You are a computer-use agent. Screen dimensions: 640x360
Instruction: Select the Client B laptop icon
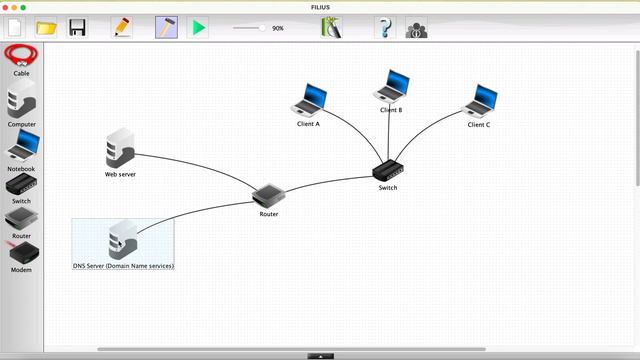(x=391, y=86)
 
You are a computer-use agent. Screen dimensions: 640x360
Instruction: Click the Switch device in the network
(x=387, y=171)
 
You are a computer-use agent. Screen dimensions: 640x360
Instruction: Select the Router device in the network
(x=268, y=195)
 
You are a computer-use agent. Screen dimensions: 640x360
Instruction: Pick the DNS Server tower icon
(x=123, y=241)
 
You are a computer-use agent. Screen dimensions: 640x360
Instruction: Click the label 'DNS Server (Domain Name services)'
(x=123, y=267)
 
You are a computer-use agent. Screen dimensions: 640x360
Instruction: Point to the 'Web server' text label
(x=120, y=174)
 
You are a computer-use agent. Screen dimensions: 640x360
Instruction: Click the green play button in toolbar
(x=199, y=28)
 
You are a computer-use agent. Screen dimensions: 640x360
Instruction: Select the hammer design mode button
(x=166, y=28)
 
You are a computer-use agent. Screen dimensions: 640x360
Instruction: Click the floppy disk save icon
(x=77, y=28)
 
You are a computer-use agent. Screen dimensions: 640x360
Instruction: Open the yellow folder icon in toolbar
(x=46, y=28)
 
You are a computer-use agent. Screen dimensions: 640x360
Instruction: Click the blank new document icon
(x=15, y=28)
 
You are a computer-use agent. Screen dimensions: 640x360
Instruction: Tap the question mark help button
(x=385, y=28)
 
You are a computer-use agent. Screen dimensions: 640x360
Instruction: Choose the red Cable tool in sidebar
(x=21, y=56)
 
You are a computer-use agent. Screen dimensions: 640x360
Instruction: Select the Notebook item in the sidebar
(x=21, y=149)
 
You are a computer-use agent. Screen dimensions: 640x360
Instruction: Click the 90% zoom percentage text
(x=278, y=28)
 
